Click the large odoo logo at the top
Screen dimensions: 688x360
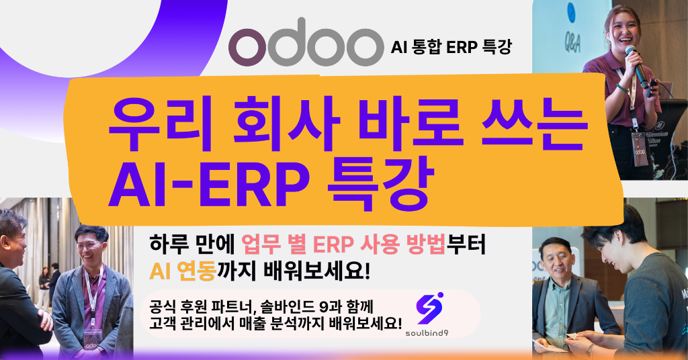coord(306,42)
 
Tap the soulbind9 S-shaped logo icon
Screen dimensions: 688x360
coord(429,309)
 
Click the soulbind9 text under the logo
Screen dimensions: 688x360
coord(427,333)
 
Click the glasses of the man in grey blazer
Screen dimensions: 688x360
coord(89,245)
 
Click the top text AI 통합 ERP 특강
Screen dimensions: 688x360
coord(451,46)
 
